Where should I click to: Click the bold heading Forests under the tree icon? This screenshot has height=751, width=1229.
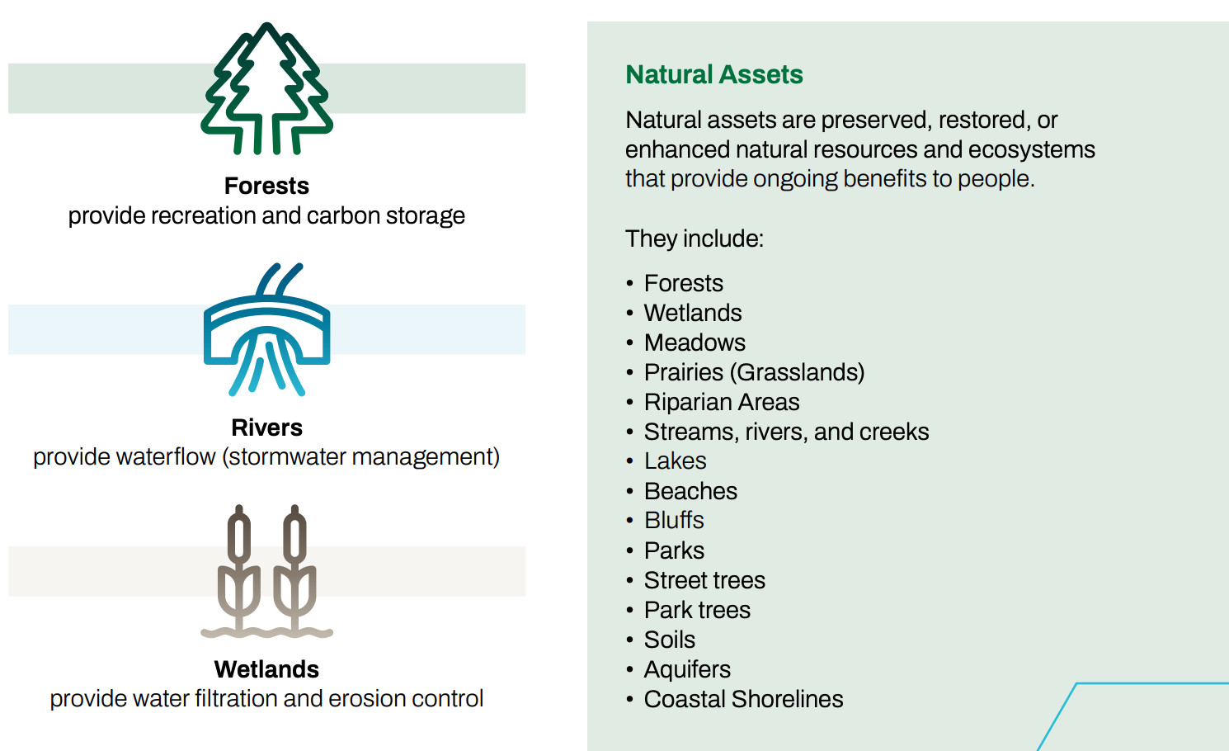(x=266, y=187)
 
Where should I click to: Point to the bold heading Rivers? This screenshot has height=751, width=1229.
(x=266, y=427)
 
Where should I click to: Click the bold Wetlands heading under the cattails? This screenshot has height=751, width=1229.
(x=266, y=669)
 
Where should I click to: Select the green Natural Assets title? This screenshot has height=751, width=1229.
(x=713, y=74)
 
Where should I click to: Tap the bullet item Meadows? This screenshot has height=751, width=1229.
(x=695, y=342)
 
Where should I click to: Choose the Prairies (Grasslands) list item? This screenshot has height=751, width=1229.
(x=755, y=372)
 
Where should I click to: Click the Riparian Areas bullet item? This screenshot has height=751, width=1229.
(x=722, y=402)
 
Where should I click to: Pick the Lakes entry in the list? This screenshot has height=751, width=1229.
(x=675, y=461)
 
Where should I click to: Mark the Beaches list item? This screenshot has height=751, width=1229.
(x=690, y=491)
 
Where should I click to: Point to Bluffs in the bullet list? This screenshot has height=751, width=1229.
(x=674, y=521)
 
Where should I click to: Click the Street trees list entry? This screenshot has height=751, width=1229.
(x=704, y=580)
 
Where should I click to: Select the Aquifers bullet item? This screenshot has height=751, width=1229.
(x=687, y=670)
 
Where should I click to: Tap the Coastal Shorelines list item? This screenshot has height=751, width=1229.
(x=743, y=699)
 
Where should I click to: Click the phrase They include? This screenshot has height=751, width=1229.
(x=694, y=239)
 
